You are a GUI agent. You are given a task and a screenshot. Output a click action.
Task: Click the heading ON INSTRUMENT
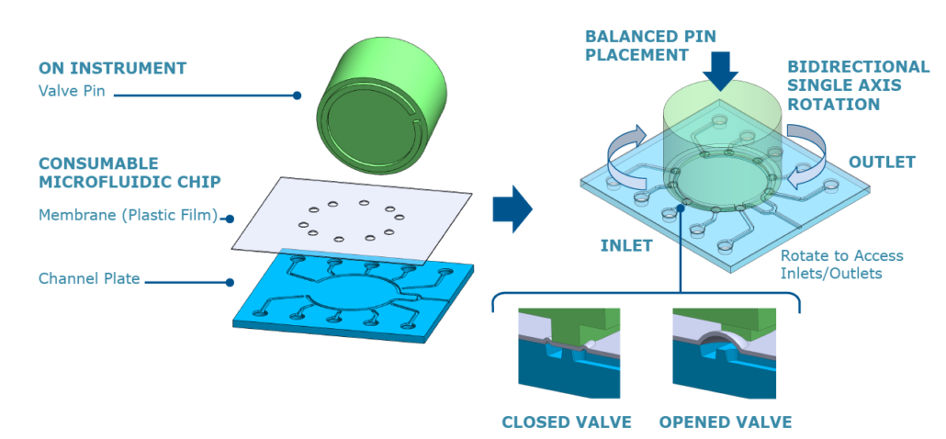pos(112,68)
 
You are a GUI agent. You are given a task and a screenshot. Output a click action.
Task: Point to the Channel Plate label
pos(89,277)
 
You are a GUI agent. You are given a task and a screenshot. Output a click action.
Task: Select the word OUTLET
pos(882,163)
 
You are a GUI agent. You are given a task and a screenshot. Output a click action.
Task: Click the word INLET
pos(627,245)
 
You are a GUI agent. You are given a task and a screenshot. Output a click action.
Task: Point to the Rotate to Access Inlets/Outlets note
pos(841,263)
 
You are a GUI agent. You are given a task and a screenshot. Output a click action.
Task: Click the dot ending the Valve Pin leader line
pos(297,95)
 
